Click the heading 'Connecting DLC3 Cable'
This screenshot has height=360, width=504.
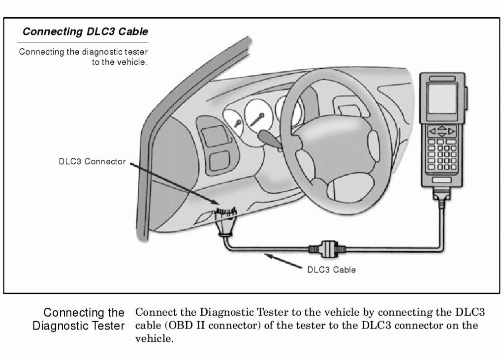coord(85,32)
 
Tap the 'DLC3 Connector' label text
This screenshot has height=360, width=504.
coord(93,162)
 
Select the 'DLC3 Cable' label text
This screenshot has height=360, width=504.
coord(331,270)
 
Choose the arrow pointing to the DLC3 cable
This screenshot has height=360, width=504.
coord(283,261)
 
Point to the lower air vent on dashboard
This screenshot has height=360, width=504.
coord(219,161)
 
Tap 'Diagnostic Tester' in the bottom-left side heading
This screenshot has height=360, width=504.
coord(78,326)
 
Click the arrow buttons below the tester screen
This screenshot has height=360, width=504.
coord(441,132)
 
